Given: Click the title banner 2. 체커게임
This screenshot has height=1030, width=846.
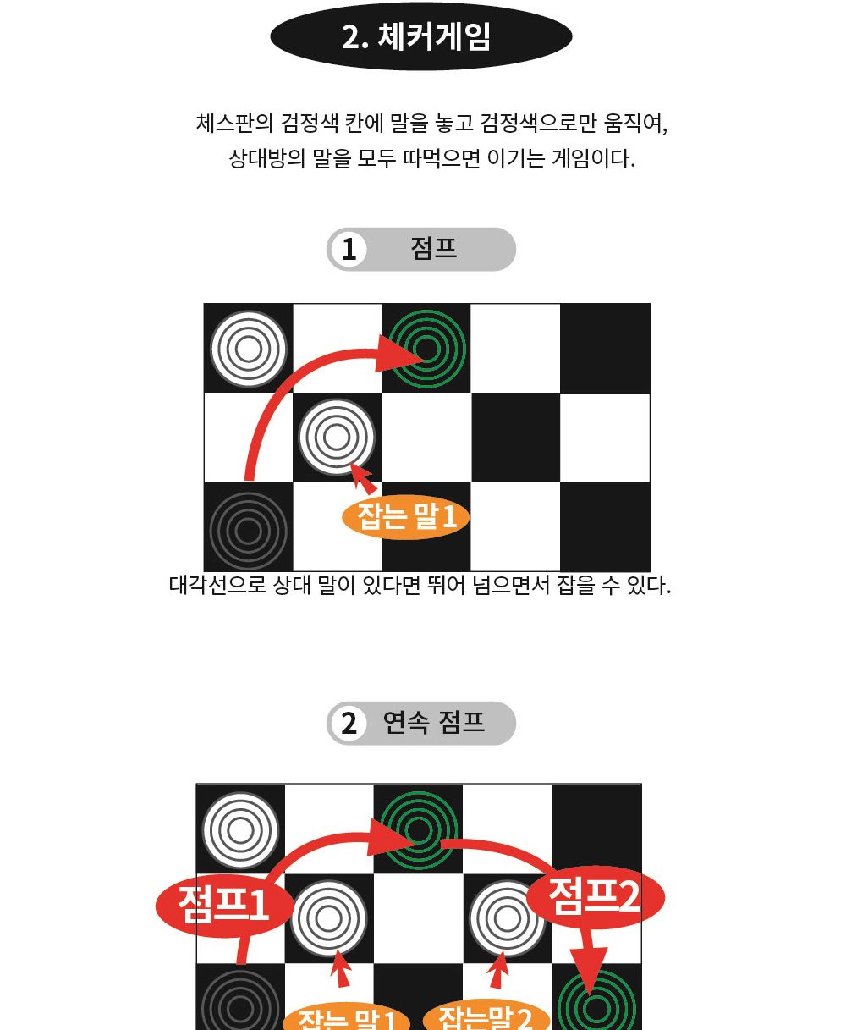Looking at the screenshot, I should click(420, 37).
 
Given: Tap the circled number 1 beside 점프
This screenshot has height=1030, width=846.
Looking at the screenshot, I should click(349, 250).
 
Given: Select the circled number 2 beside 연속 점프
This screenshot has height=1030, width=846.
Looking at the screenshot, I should click(349, 724).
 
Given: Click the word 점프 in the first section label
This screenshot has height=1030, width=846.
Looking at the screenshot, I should click(433, 249).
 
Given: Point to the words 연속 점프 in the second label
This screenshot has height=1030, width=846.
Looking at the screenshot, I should click(433, 723).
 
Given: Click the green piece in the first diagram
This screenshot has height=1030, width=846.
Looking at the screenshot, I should click(428, 348).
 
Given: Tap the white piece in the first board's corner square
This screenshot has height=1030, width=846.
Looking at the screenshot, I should click(248, 349).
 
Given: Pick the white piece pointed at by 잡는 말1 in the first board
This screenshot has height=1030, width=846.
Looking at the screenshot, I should click(337, 438).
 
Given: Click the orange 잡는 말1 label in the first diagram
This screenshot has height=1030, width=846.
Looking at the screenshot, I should click(406, 516).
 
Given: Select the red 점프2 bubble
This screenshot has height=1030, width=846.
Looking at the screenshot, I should click(595, 896).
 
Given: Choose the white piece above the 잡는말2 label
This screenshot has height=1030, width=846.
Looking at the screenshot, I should click(507, 918).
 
